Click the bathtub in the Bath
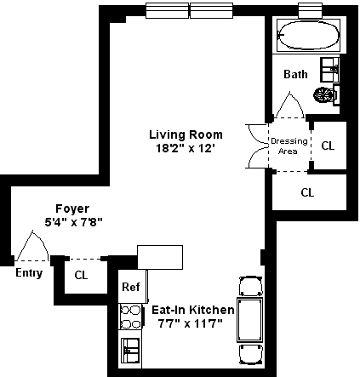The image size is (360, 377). pos(308,36)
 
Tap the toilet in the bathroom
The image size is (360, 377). pos(326,94)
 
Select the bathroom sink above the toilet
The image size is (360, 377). pos(330,70)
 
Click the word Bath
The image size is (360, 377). pos(295,74)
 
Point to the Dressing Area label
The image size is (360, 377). pos(289,146)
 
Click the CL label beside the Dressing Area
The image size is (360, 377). pos(328,146)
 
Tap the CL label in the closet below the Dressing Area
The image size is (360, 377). pos(307,192)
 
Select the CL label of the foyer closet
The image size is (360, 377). pos(81,275)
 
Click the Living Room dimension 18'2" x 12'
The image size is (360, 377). pos(185,148)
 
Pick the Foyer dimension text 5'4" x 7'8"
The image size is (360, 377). pos(73,222)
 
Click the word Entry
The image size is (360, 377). pos(29,273)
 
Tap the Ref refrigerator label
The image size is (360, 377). pos(131,287)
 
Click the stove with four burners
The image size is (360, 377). pos(130,317)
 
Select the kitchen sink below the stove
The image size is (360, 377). pos(130,351)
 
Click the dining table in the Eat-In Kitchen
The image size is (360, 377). pos(249,320)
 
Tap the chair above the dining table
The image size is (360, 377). pos(250,286)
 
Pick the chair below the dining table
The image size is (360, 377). pos(250,354)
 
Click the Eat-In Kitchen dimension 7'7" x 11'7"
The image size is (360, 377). pos(190,323)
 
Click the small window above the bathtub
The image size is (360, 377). pos(310,10)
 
